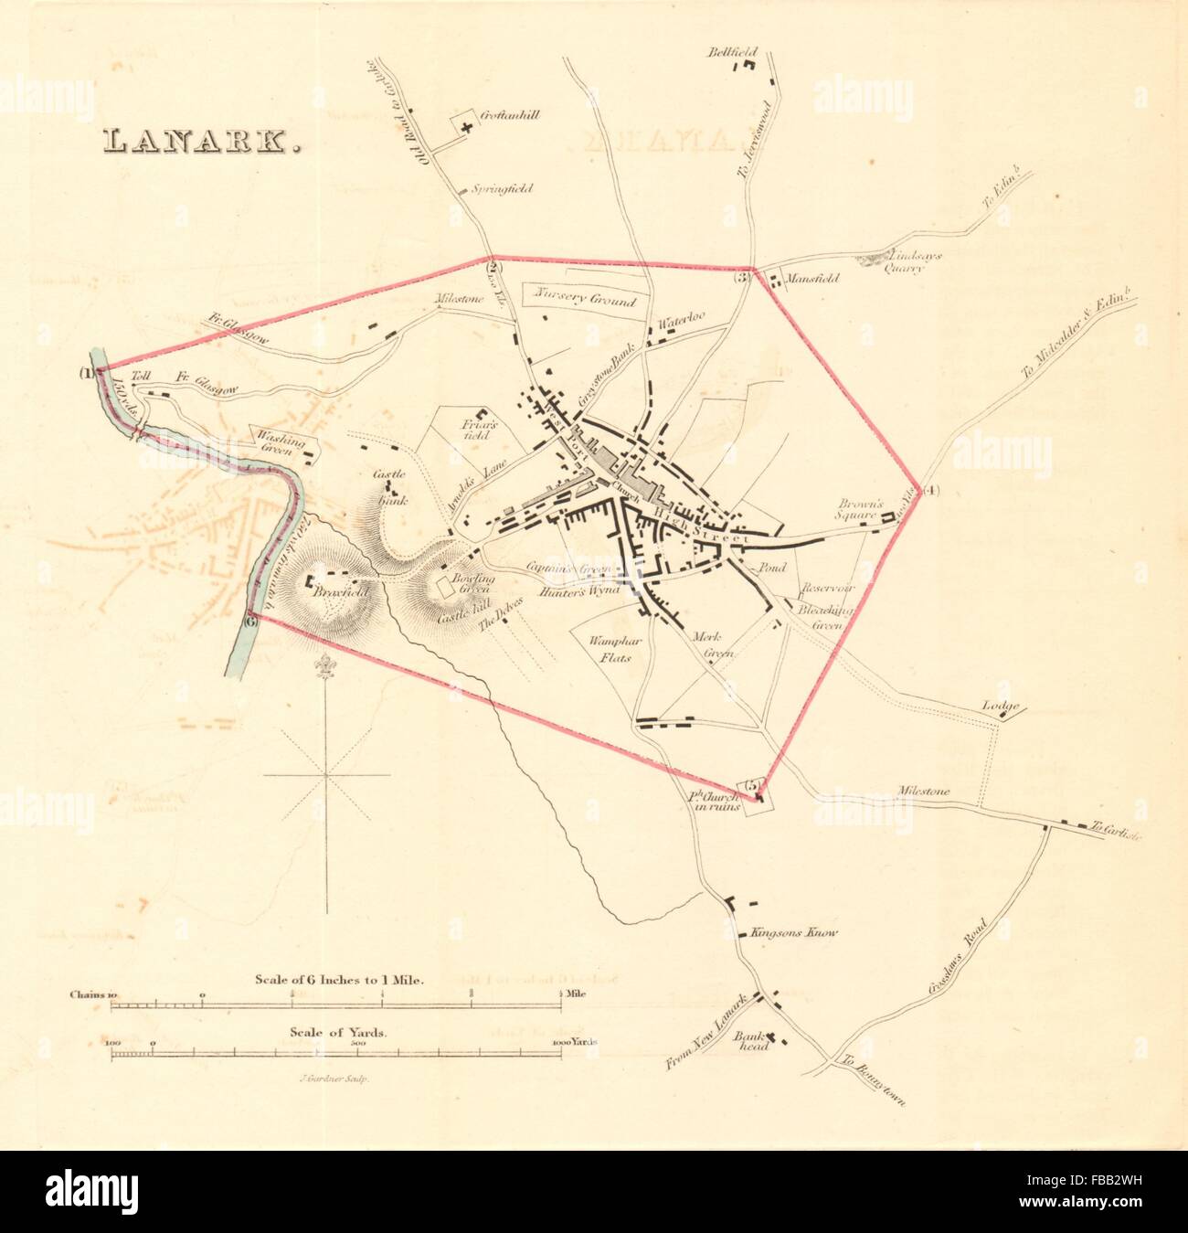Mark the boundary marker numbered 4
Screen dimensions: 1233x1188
pyautogui.click(x=929, y=491)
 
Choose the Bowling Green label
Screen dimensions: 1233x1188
pyautogui.click(x=477, y=586)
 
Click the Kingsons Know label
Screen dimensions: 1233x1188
pyautogui.click(x=792, y=934)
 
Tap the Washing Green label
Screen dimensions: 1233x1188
pyautogui.click(x=280, y=441)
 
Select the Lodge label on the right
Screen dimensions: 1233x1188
pyautogui.click(x=999, y=706)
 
